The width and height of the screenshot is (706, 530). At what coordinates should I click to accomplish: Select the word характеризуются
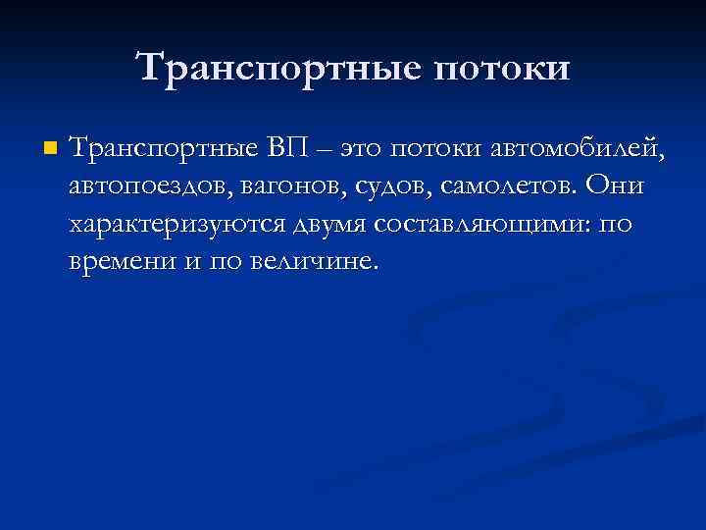(x=176, y=225)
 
